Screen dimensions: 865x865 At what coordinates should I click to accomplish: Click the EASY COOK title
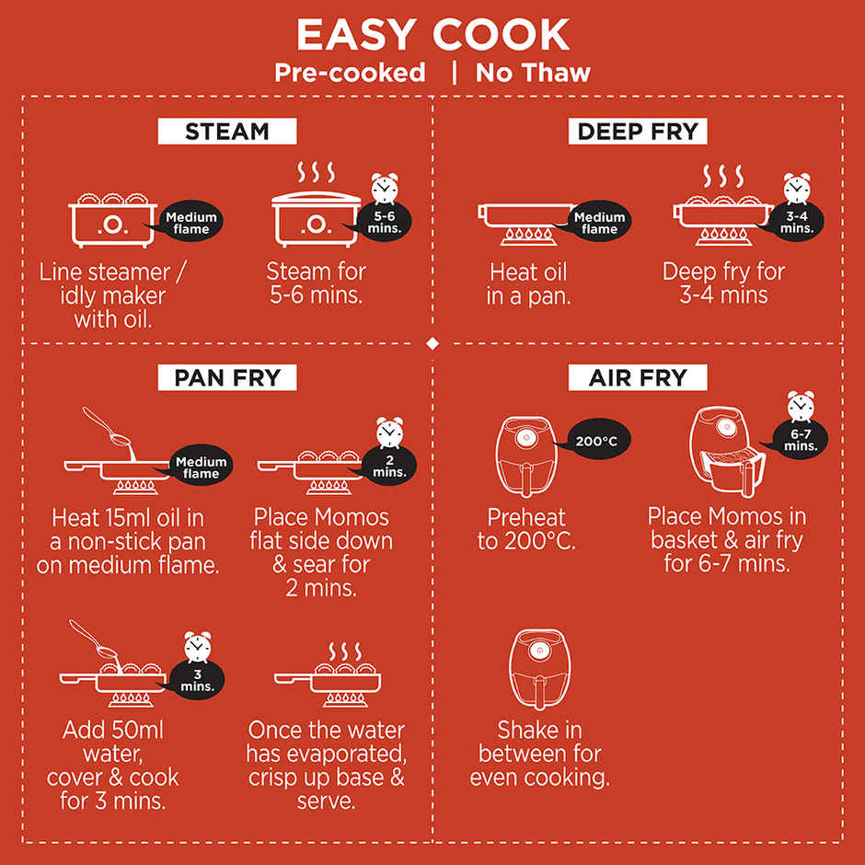[x=432, y=35]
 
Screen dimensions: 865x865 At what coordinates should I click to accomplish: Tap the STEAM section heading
[x=227, y=132]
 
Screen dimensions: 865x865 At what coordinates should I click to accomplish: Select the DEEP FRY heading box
[x=638, y=132]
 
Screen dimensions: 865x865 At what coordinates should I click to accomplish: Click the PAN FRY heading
[x=227, y=377]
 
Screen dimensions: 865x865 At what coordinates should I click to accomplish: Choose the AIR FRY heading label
[x=638, y=377]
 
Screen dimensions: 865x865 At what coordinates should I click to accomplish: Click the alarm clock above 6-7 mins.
[x=801, y=407]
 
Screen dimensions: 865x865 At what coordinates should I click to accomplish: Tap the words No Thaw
[x=533, y=73]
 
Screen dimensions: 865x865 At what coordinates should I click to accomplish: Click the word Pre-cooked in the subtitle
[x=350, y=73]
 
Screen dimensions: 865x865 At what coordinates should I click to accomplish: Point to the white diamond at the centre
[x=432, y=343]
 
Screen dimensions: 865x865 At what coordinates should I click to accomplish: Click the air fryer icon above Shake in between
[x=539, y=669]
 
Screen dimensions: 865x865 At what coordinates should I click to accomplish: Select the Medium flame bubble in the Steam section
[x=190, y=222]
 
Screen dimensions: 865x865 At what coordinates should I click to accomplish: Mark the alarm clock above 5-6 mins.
[x=385, y=189]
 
